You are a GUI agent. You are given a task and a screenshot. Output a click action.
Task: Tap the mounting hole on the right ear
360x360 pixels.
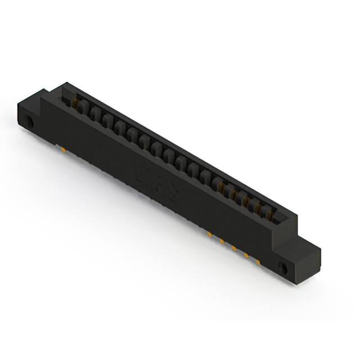click(283, 267)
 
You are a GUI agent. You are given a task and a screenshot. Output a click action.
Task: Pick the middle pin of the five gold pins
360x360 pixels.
click(233, 247)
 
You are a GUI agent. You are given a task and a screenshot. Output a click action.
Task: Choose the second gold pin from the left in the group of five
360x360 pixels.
click(222, 241)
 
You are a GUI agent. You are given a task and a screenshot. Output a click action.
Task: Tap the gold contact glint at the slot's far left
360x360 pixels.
click(73, 102)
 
